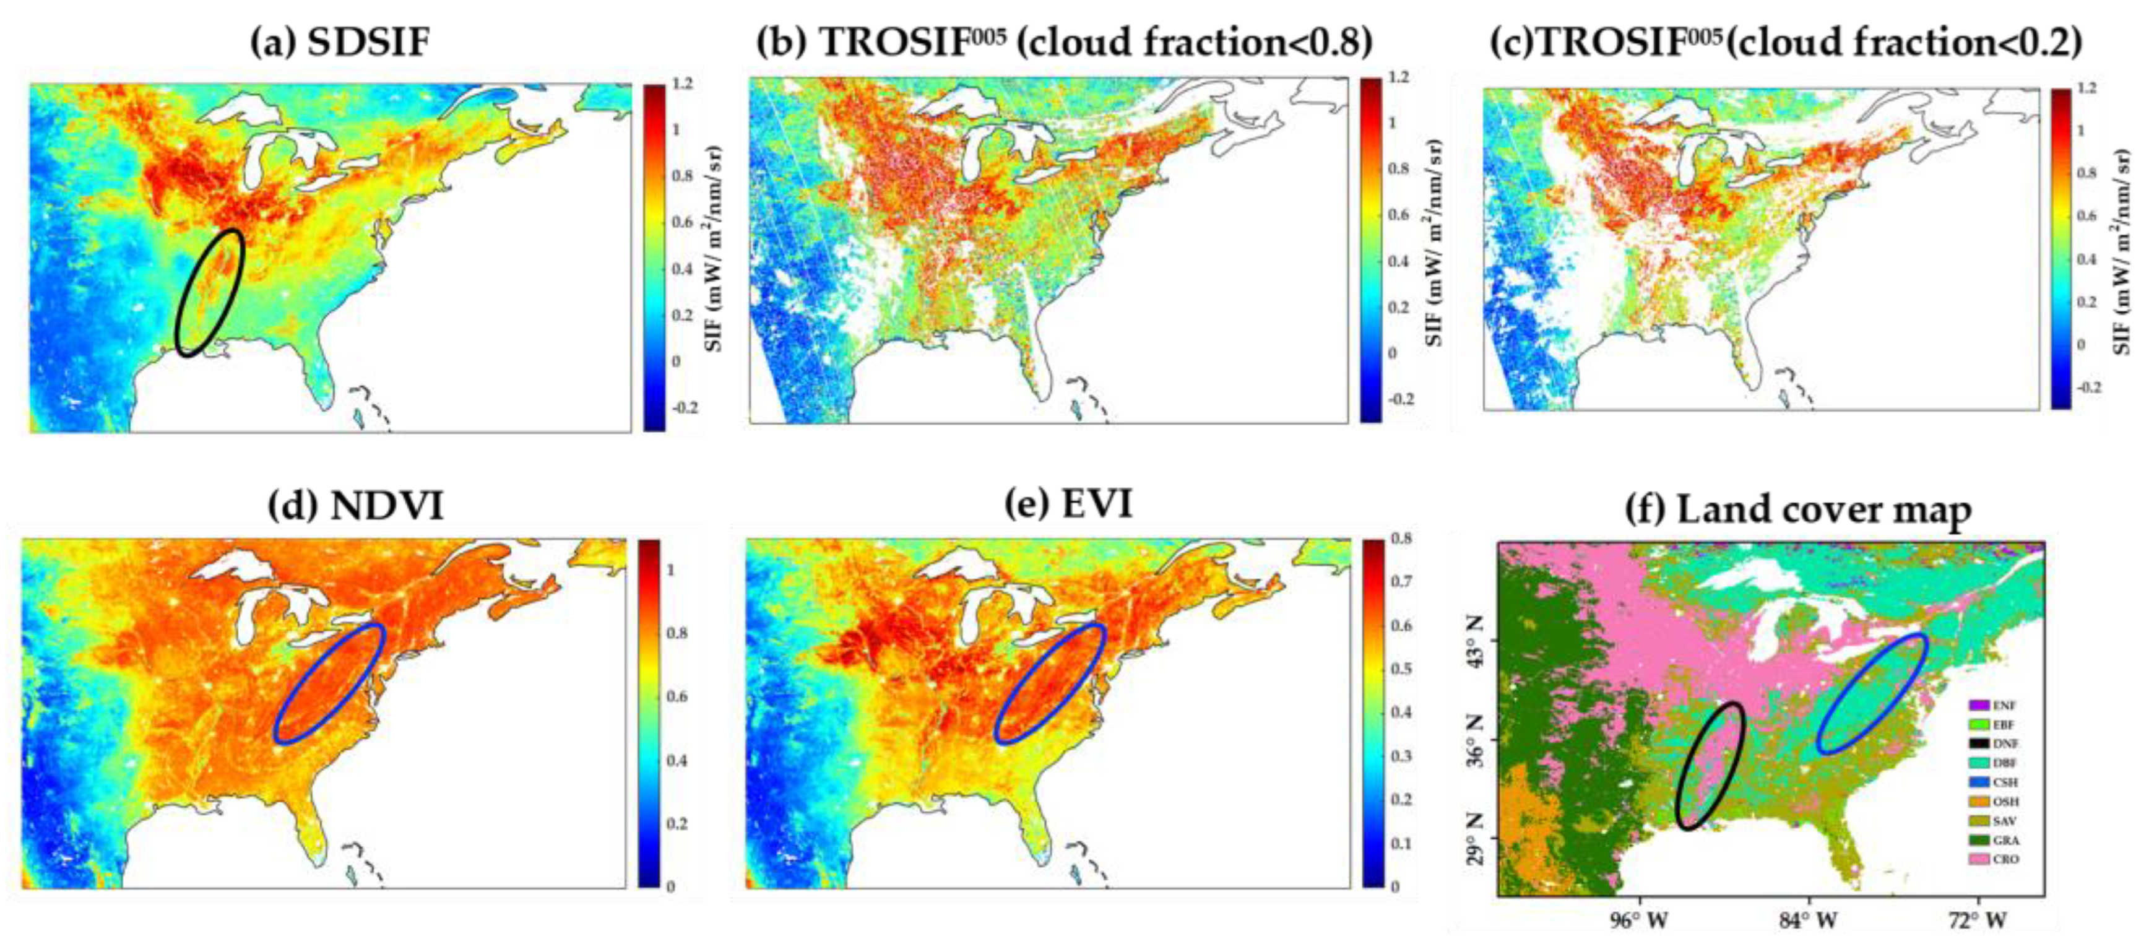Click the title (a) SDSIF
click(x=340, y=41)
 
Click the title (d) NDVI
click(x=357, y=505)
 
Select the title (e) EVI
click(x=1070, y=503)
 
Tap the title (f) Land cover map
click(x=1798, y=509)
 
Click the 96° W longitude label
click(x=1638, y=920)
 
